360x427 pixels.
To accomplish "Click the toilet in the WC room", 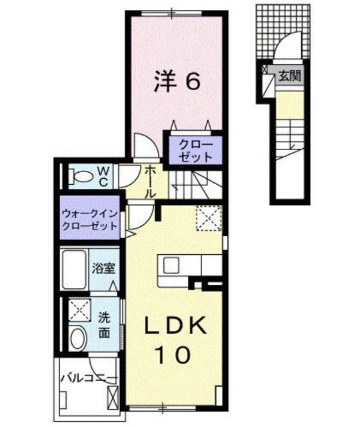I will (82, 177).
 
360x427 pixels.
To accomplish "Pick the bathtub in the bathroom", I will (75, 270).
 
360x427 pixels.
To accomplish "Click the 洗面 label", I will (105, 324).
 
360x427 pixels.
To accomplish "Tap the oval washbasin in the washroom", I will (77, 337).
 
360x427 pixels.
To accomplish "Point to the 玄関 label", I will (289, 75).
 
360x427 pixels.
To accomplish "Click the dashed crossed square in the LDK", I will (208, 218).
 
